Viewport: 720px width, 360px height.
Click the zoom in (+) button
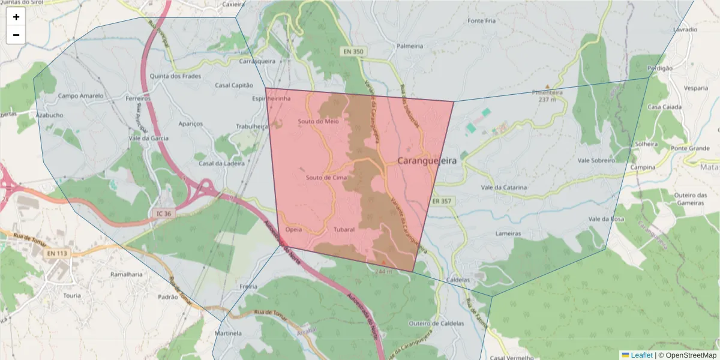[16, 17]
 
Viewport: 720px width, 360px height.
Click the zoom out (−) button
[16, 35]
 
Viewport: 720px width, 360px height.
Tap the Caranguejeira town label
[427, 161]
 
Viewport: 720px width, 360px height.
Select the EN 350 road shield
[353, 52]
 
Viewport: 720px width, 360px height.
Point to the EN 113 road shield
[56, 253]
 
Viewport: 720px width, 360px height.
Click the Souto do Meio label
[318, 122]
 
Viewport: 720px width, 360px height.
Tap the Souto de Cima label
[326, 178]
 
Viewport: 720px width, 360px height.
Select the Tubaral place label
[344, 230]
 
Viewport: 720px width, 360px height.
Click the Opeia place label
[294, 230]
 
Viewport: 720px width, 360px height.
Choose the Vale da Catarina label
[504, 188]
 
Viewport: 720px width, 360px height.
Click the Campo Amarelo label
[80, 96]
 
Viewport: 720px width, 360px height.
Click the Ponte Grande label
[691, 148]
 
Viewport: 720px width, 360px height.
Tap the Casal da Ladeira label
[222, 164]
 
